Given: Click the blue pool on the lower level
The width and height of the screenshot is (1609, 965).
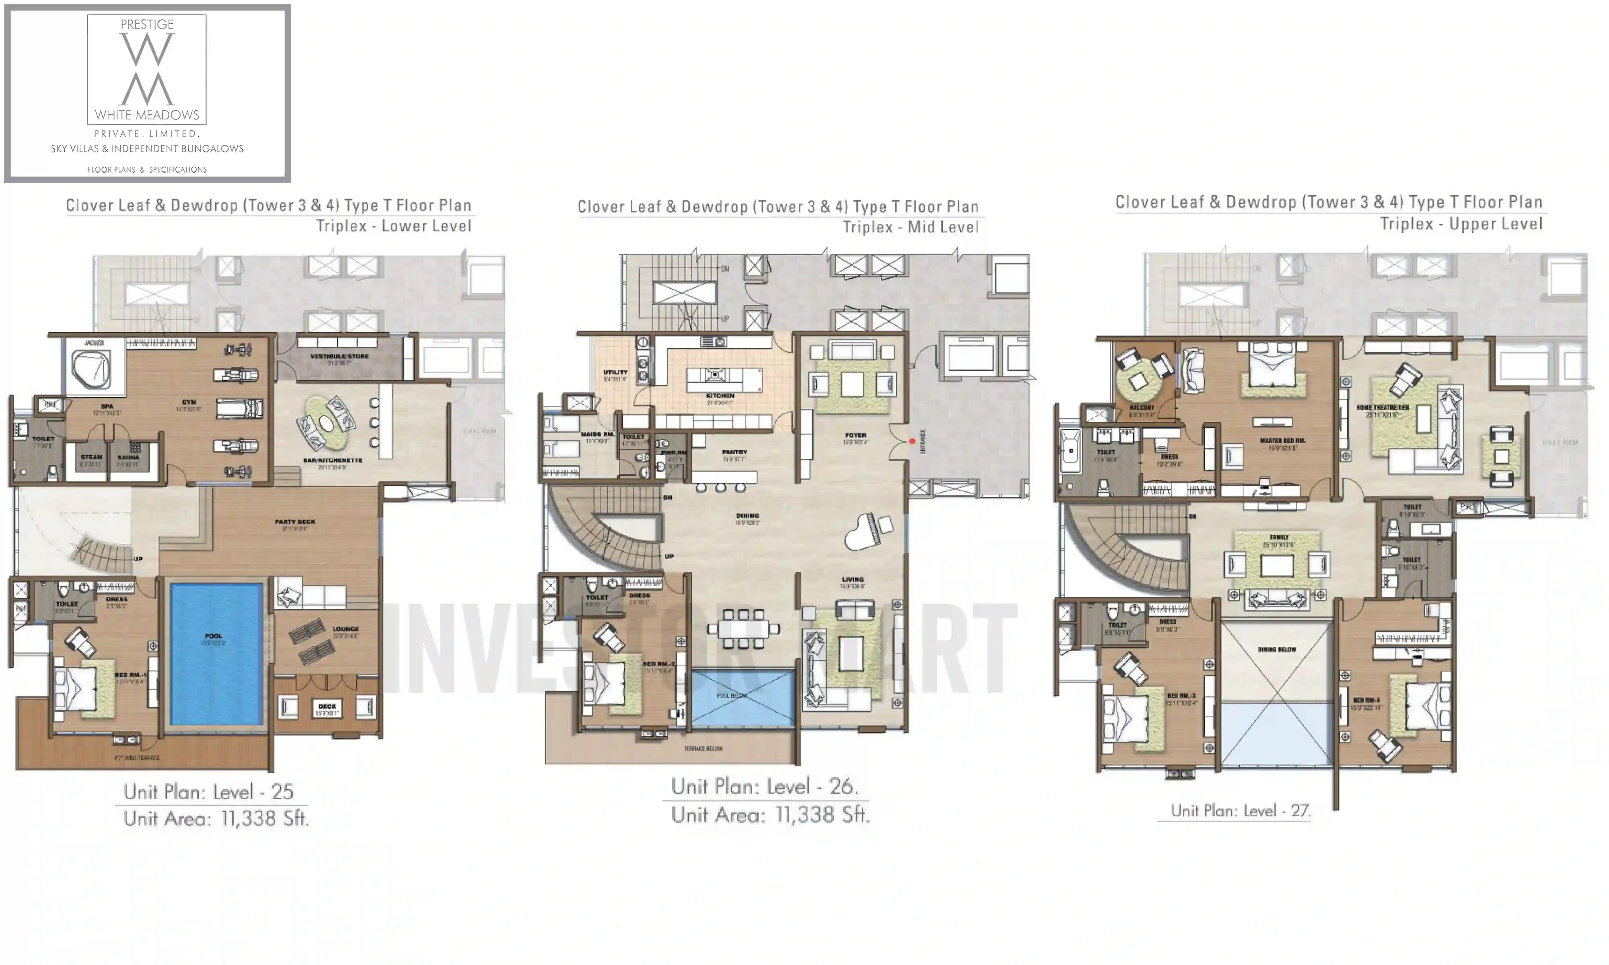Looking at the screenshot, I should pos(216,653).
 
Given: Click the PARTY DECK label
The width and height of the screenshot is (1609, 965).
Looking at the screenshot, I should pos(294,522).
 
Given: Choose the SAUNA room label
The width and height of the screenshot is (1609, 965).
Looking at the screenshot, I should pos(128,457).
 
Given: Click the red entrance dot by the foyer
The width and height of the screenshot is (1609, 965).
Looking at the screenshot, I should pos(912,441).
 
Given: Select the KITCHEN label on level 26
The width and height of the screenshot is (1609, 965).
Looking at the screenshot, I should pos(720,395).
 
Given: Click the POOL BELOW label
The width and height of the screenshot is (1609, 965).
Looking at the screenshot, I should pos(732,695).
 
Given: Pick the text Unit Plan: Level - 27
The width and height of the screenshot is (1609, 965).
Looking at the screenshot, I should pos(1240,811).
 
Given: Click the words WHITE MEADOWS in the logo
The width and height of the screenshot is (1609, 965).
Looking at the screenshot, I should pos(147,115).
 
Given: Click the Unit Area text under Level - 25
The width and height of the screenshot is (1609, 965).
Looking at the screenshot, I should pos(216,818).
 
